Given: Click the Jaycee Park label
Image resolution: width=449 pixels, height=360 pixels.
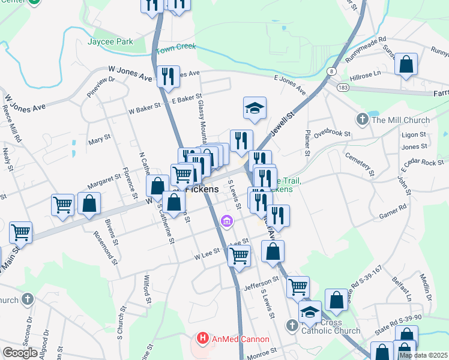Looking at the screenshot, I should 109,42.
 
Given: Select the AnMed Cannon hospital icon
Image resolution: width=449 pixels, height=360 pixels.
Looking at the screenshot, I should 202,339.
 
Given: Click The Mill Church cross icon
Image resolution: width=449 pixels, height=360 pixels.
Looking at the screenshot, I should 361,120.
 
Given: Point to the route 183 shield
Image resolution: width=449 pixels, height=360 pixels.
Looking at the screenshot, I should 341,88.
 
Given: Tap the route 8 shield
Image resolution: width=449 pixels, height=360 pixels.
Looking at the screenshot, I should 331,71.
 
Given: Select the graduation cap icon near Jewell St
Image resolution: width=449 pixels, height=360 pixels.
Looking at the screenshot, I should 255,108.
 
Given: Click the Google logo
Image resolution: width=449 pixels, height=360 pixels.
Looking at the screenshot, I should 20,353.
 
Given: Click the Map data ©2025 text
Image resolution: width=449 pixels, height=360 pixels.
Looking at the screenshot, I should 423,355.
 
